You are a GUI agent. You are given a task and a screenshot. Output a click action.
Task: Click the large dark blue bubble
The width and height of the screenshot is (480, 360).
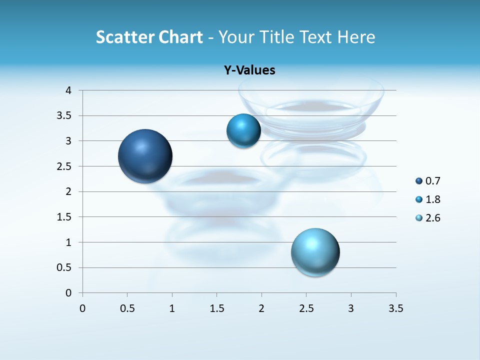pyautogui.click(x=145, y=156)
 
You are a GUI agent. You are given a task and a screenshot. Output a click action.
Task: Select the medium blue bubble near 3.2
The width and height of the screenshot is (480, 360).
pyautogui.click(x=243, y=131)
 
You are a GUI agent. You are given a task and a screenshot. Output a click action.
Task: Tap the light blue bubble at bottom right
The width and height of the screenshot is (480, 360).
pyautogui.click(x=315, y=252)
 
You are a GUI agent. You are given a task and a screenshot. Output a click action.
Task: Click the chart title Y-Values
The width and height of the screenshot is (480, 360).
pyautogui.click(x=249, y=70)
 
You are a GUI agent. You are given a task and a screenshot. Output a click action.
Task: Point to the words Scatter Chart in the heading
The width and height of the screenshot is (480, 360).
pyautogui.click(x=149, y=37)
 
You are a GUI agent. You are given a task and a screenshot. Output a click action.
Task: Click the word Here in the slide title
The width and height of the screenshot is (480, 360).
pyautogui.click(x=356, y=37)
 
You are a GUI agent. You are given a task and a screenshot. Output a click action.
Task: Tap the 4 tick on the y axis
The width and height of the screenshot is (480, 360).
pyautogui.click(x=68, y=90)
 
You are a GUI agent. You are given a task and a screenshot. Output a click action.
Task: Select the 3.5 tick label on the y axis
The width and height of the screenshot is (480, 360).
pyautogui.click(x=65, y=116)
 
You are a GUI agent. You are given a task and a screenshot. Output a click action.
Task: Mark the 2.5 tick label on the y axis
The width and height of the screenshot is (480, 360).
pyautogui.click(x=65, y=166)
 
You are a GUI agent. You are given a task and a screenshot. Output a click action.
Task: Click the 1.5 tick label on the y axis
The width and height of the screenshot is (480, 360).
pyautogui.click(x=65, y=217)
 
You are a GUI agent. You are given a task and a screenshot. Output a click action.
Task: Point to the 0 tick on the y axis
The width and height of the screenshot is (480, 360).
pyautogui.click(x=68, y=293)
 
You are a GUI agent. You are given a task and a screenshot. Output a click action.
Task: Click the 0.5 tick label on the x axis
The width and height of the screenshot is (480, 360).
pyautogui.click(x=127, y=308)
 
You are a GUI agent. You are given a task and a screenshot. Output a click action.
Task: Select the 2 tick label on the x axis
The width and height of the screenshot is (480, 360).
pyautogui.click(x=261, y=308)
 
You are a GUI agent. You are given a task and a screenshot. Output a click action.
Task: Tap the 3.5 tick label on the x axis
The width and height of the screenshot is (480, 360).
pyautogui.click(x=395, y=308)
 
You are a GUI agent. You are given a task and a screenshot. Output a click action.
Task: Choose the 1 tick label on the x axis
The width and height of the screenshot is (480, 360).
pyautogui.click(x=172, y=308)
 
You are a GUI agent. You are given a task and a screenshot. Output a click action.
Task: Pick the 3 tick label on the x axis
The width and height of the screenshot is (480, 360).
pyautogui.click(x=351, y=308)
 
